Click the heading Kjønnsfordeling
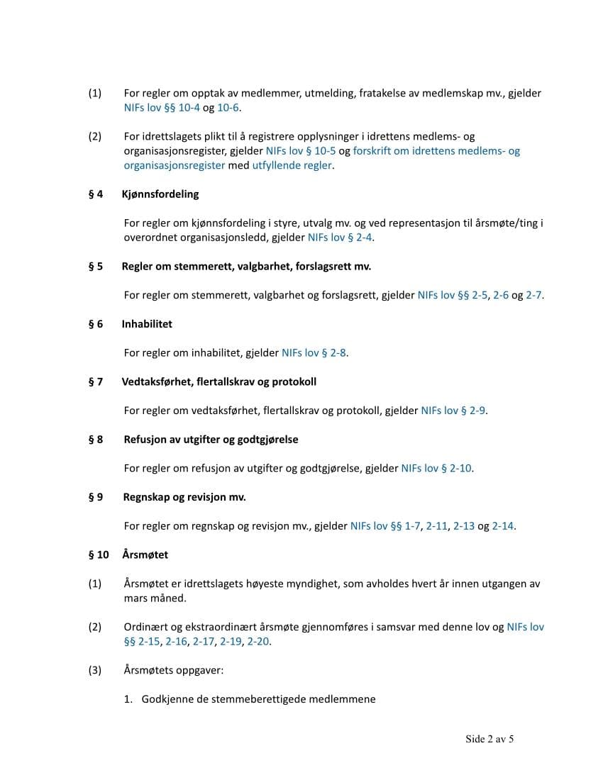click(160, 194)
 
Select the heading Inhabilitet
click(147, 324)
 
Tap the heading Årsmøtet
click(145, 555)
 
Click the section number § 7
click(96, 381)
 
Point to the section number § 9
click(96, 497)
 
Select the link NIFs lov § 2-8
click(314, 352)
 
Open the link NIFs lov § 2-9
click(453, 411)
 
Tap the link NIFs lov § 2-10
click(436, 468)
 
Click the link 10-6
click(228, 108)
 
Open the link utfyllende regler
click(292, 165)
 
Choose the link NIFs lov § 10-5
click(300, 151)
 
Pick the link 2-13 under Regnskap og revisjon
click(464, 526)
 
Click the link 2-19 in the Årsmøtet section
click(231, 641)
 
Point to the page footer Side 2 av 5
click(489, 739)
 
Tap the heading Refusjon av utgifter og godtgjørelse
click(211, 440)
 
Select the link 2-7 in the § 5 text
click(534, 295)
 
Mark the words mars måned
click(155, 598)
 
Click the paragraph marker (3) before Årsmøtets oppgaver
click(95, 670)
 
